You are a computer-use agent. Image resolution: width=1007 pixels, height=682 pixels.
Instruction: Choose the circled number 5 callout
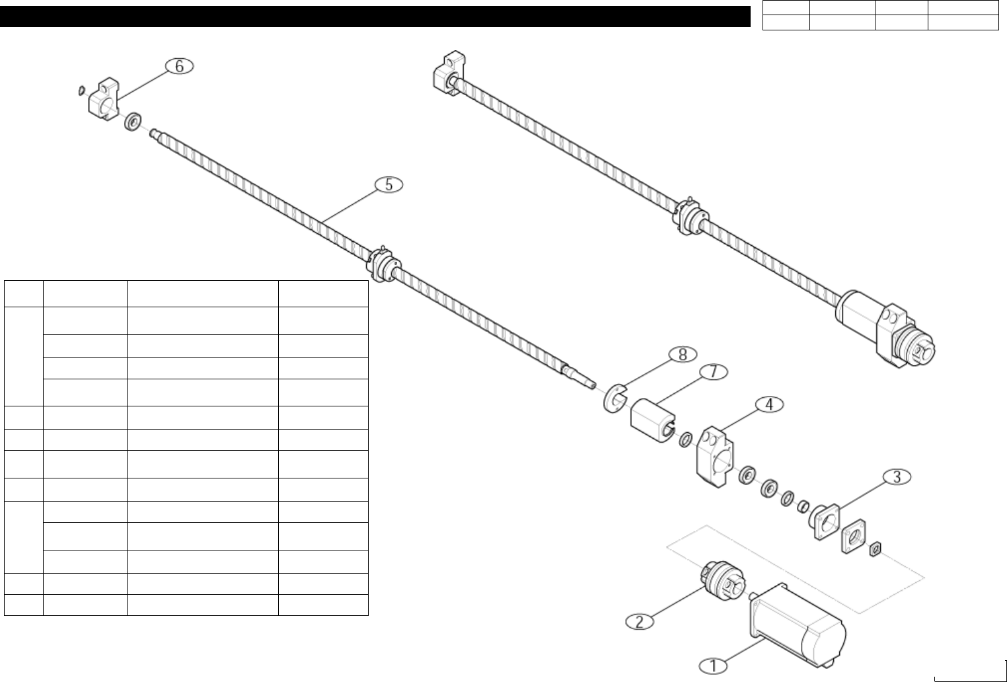[389, 185]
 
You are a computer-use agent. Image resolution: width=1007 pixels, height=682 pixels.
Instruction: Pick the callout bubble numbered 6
[179, 66]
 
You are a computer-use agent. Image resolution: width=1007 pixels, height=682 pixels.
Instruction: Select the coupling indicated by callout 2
[718, 578]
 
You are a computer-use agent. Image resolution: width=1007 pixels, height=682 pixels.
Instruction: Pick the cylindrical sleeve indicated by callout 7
[651, 418]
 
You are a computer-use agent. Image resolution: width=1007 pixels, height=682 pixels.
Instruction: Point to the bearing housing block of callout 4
[713, 456]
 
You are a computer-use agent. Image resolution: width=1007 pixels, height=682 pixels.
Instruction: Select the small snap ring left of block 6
[80, 89]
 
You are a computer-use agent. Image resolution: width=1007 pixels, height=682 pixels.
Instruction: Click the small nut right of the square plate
[876, 548]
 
